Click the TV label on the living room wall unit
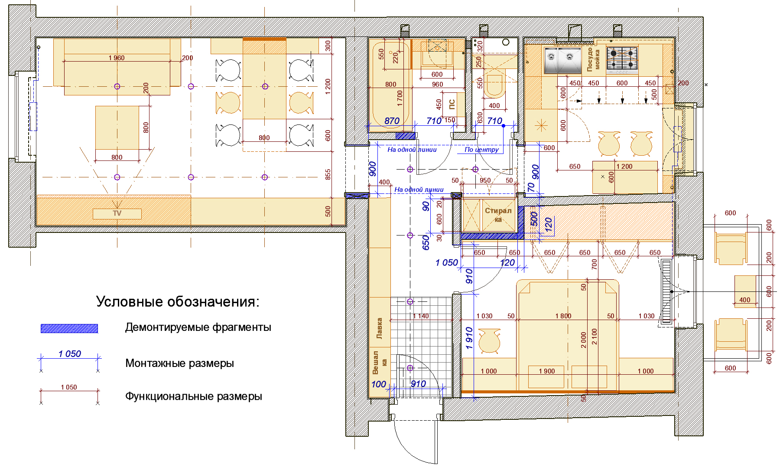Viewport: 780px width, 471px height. pyautogui.click(x=117, y=213)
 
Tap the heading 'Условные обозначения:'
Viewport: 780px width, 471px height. pyautogui.click(x=178, y=301)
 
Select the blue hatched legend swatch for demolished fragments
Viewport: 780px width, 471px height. pyautogui.click(x=69, y=328)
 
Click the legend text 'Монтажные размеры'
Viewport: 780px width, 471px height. pyautogui.click(x=179, y=363)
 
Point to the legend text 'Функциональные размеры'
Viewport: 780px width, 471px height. pyautogui.click(x=194, y=396)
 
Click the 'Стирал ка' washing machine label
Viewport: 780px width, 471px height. pyautogui.click(x=498, y=215)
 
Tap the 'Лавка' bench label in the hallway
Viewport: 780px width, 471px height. pyautogui.click(x=379, y=328)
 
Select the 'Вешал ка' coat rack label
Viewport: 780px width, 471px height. pyautogui.click(x=379, y=363)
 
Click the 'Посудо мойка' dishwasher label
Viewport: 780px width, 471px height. pyautogui.click(x=593, y=60)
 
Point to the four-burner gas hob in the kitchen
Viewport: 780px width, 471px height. pyautogui.click(x=622, y=59)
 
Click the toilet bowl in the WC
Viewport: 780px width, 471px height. pyautogui.click(x=494, y=86)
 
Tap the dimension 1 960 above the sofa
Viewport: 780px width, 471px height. pyautogui.click(x=117, y=58)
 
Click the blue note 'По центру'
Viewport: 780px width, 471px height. pyautogui.click(x=481, y=150)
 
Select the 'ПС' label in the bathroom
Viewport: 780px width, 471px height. pyautogui.click(x=452, y=104)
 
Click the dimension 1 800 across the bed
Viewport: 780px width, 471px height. pyautogui.click(x=563, y=316)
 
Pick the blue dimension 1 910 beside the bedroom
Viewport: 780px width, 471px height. pyautogui.click(x=469, y=338)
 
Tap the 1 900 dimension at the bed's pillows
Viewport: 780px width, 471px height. pyautogui.click(x=547, y=371)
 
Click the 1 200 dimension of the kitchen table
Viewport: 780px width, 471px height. pyautogui.click(x=624, y=167)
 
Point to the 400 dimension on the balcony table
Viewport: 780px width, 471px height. pyautogui.click(x=745, y=300)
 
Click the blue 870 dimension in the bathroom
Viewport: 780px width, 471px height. pyautogui.click(x=392, y=121)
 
